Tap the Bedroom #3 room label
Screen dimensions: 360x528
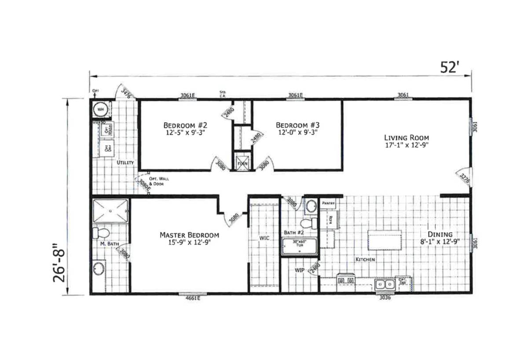click(x=297, y=124)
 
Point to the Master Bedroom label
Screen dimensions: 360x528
click(x=189, y=235)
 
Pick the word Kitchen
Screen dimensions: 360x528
click(x=365, y=260)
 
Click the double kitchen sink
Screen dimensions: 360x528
click(x=385, y=284)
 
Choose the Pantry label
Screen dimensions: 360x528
click(x=328, y=203)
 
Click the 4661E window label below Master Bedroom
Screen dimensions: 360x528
click(x=192, y=298)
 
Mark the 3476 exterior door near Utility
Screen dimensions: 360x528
click(x=125, y=93)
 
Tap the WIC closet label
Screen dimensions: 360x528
click(x=264, y=238)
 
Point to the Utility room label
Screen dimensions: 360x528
click(x=125, y=163)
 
